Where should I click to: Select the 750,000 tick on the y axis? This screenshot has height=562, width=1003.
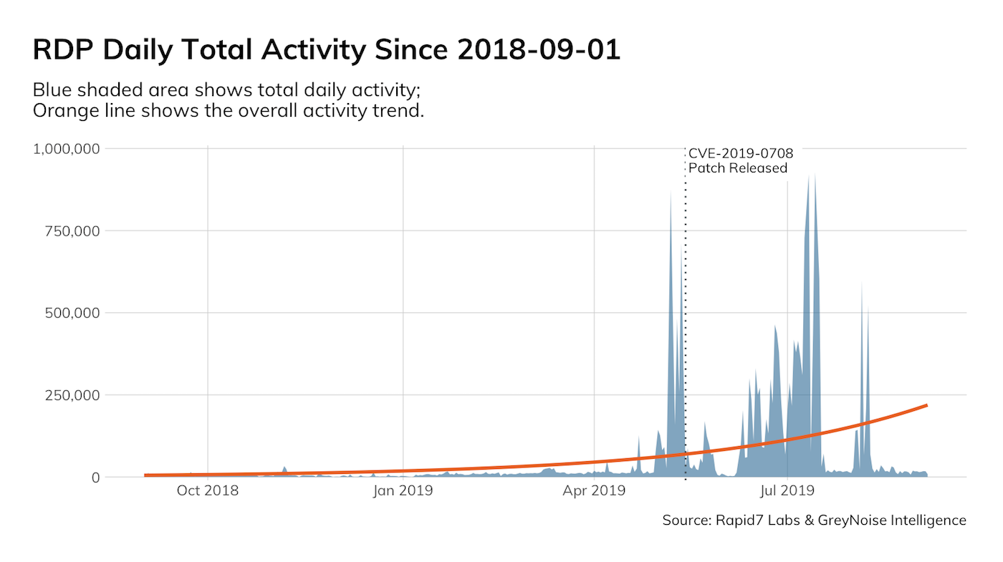69,231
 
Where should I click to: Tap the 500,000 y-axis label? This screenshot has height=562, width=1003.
69,313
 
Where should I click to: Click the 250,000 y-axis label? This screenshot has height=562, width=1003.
69,395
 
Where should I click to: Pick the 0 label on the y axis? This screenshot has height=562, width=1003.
93,478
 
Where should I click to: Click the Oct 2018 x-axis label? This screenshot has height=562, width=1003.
208,491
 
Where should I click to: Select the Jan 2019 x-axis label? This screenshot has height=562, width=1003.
403,491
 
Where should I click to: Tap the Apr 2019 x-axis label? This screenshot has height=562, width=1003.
595,491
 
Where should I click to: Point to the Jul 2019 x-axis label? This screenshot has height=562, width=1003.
787,491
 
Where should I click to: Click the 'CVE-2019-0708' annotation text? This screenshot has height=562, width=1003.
741,153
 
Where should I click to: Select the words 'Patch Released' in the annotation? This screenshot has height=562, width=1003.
738,169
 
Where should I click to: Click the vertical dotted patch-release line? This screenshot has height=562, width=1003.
686,322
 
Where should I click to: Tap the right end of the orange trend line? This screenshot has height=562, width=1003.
927,405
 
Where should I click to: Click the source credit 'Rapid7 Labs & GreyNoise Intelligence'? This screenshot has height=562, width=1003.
841,520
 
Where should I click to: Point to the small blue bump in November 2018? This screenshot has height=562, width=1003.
284,469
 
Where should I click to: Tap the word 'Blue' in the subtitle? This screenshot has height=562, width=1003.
52,91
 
